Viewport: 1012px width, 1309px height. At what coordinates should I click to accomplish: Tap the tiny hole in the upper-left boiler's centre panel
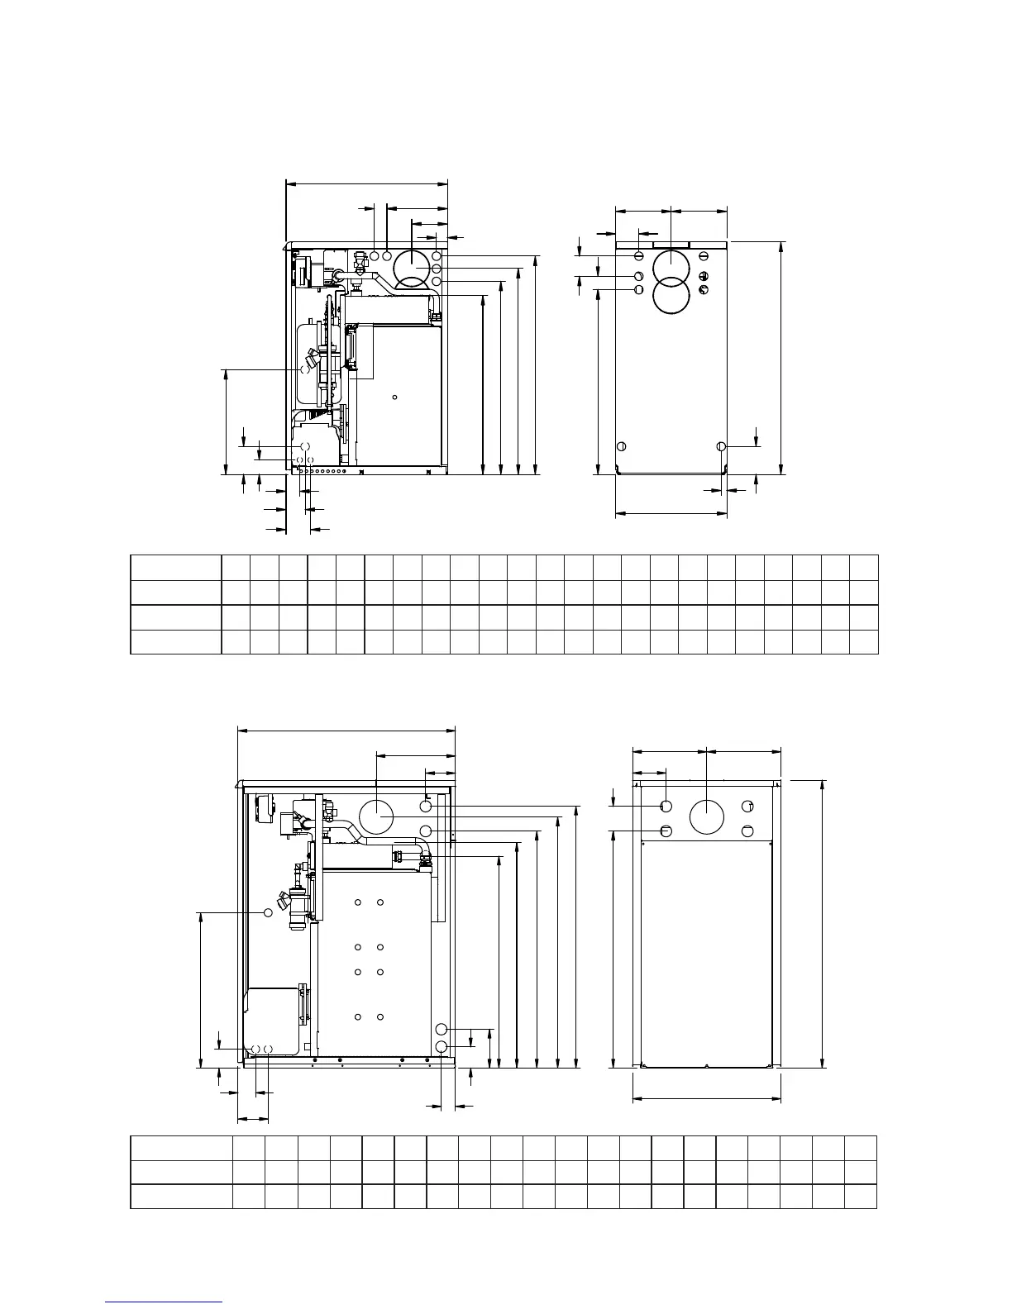click(x=395, y=398)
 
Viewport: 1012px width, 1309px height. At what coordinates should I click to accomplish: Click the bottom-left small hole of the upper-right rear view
click(x=622, y=446)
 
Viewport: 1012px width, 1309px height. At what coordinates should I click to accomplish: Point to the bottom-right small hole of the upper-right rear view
click(x=722, y=446)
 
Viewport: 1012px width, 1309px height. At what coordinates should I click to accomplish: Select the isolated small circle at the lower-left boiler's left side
click(x=268, y=912)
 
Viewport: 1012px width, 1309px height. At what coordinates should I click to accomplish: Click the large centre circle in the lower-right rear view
click(x=707, y=817)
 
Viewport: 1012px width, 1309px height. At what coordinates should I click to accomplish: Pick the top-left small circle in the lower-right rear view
click(x=666, y=806)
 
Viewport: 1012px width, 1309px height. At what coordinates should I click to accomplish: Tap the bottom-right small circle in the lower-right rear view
click(x=747, y=831)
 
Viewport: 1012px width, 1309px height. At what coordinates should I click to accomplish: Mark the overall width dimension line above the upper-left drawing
click(x=366, y=184)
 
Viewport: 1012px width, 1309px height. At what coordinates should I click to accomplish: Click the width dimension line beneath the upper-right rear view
click(x=671, y=513)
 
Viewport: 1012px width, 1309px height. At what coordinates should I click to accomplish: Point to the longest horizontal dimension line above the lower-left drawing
click(x=346, y=730)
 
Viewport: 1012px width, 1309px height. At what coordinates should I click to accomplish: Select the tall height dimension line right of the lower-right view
click(x=822, y=922)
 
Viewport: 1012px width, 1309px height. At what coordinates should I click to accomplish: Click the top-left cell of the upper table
click(x=176, y=568)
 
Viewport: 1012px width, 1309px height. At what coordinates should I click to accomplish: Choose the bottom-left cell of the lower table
click(x=181, y=1196)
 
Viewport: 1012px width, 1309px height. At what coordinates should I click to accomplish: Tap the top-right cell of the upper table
click(x=864, y=568)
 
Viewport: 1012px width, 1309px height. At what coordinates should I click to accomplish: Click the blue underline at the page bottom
click(x=165, y=1302)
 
